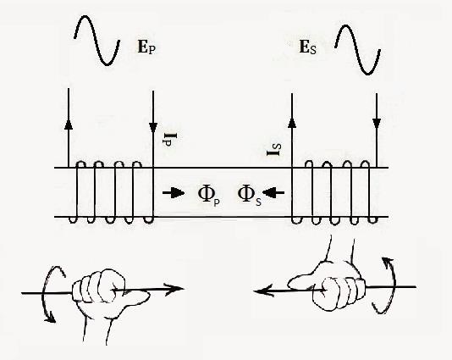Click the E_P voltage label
pyautogui.click(x=146, y=47)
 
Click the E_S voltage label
pyautogui.click(x=308, y=47)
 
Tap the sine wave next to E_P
pyautogui.click(x=96, y=41)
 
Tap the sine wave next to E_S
pyautogui.click(x=357, y=50)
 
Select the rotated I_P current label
pyautogui.click(x=169, y=140)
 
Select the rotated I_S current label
pyautogui.click(x=274, y=149)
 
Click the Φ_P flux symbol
pyautogui.click(x=209, y=196)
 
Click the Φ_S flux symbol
pyautogui.click(x=250, y=196)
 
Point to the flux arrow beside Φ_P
pyautogui.click(x=174, y=192)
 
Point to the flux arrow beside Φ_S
pyautogui.click(x=273, y=192)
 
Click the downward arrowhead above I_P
pyautogui.click(x=153, y=128)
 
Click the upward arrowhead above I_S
pyautogui.click(x=292, y=123)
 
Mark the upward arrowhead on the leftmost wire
pyautogui.click(x=69, y=124)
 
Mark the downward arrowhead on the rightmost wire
pyautogui.click(x=377, y=124)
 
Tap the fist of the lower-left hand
pyautogui.click(x=98, y=286)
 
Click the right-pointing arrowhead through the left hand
pyautogui.click(x=174, y=289)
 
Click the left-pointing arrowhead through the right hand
pyautogui.click(x=263, y=291)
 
